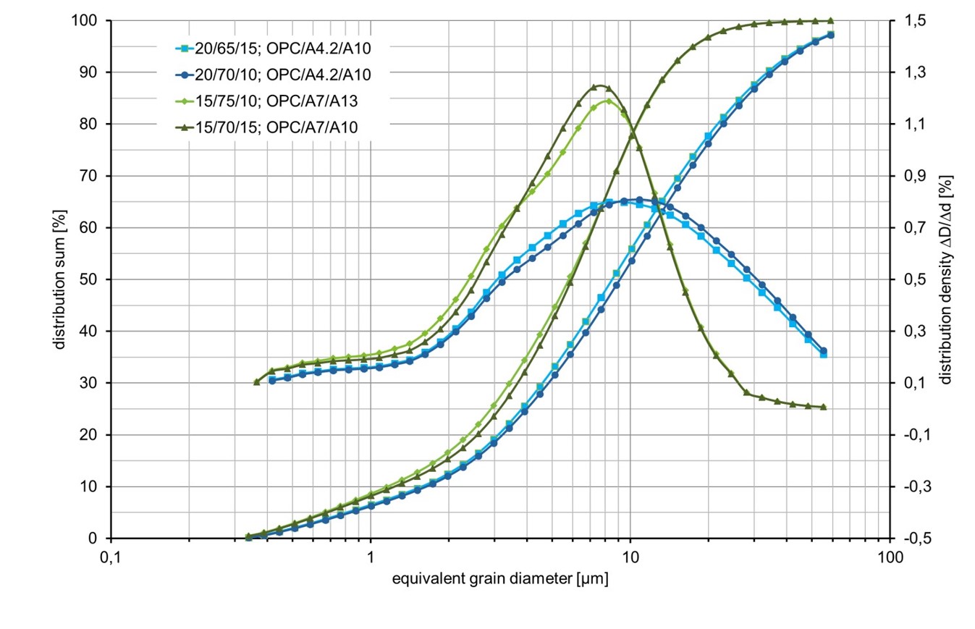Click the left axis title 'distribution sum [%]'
click(x=60, y=279)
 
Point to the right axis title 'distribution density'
click(x=945, y=279)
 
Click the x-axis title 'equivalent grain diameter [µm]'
click(x=499, y=579)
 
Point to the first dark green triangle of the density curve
click(x=256, y=381)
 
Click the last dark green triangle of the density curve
click(x=824, y=408)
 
